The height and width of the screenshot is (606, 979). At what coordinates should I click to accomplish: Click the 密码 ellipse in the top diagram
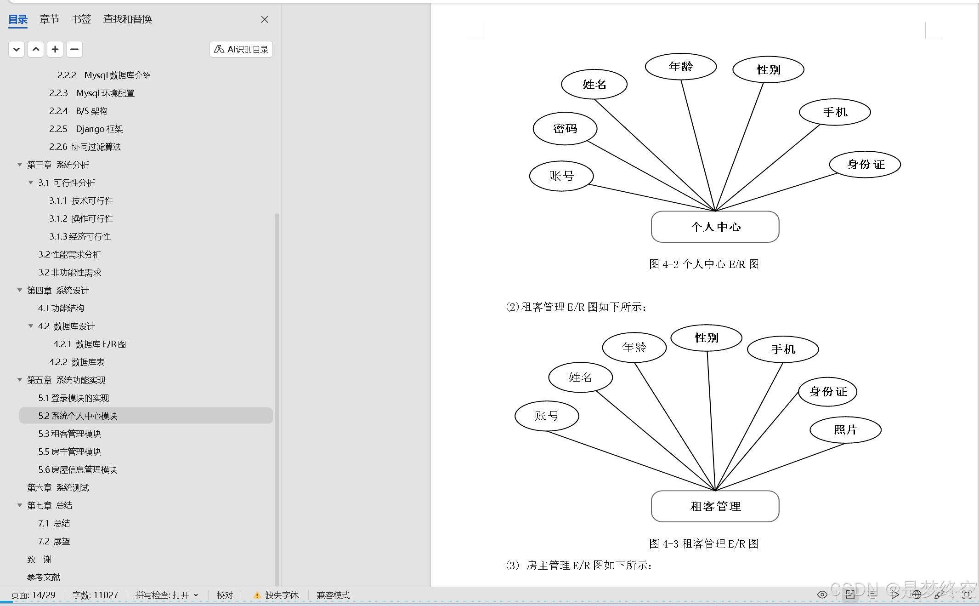[565, 129]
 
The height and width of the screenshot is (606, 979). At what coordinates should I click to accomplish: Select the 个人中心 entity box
[715, 227]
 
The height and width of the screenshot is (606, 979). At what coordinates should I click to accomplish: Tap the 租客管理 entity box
[715, 506]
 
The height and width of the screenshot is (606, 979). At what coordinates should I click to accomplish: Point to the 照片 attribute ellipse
[845, 430]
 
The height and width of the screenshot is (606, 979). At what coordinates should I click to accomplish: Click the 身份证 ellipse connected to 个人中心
[865, 165]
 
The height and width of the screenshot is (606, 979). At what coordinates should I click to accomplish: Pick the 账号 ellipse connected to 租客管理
[547, 416]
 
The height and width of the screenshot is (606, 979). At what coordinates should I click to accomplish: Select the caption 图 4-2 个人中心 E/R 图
[703, 264]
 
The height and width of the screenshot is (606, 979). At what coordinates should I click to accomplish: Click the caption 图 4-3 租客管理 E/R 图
[703, 544]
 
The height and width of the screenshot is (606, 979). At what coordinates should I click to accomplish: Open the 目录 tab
[18, 19]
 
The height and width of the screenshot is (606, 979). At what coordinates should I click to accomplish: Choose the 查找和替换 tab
[127, 19]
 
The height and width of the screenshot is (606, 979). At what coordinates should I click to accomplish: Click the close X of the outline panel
[265, 19]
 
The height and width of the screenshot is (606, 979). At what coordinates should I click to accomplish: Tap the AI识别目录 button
[241, 49]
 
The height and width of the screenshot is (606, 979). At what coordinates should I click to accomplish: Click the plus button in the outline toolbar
[55, 49]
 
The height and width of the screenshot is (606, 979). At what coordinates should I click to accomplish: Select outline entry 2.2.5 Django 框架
[86, 129]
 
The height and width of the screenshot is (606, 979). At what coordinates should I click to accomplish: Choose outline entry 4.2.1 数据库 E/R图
[90, 344]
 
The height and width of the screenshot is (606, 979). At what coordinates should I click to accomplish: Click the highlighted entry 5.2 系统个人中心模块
[78, 416]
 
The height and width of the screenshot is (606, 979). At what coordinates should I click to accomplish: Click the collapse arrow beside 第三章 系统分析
[20, 165]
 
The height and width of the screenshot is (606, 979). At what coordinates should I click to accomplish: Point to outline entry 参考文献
[44, 577]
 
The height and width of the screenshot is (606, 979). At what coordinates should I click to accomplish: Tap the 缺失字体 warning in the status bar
[277, 595]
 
